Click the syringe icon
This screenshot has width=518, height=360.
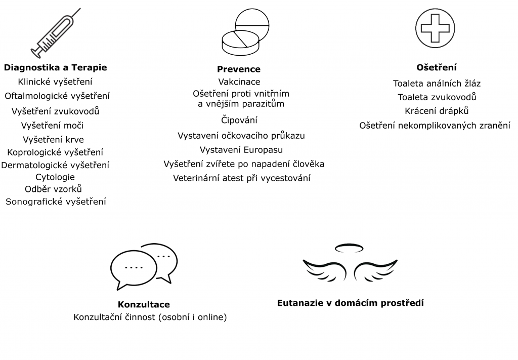(x=56, y=33)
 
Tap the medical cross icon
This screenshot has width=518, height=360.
(x=435, y=28)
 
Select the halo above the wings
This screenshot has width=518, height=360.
(x=349, y=248)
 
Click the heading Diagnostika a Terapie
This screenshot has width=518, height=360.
(x=56, y=67)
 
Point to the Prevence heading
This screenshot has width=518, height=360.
(x=239, y=69)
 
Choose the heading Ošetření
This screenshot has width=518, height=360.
(x=437, y=67)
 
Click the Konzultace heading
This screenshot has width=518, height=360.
(x=144, y=304)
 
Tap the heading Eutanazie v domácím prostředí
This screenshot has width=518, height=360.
(x=350, y=303)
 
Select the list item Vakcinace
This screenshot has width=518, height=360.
(x=239, y=82)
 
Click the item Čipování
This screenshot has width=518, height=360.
(x=239, y=120)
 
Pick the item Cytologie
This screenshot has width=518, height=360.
(x=55, y=177)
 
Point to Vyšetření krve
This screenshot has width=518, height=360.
(x=53, y=140)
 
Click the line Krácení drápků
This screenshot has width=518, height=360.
(x=437, y=111)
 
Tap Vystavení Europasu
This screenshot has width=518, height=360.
(x=241, y=150)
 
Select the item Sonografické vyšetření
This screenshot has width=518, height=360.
(x=56, y=202)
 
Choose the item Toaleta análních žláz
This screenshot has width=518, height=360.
(x=437, y=84)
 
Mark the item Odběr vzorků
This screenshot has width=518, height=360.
(x=53, y=189)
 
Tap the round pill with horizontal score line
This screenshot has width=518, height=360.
(x=252, y=24)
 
